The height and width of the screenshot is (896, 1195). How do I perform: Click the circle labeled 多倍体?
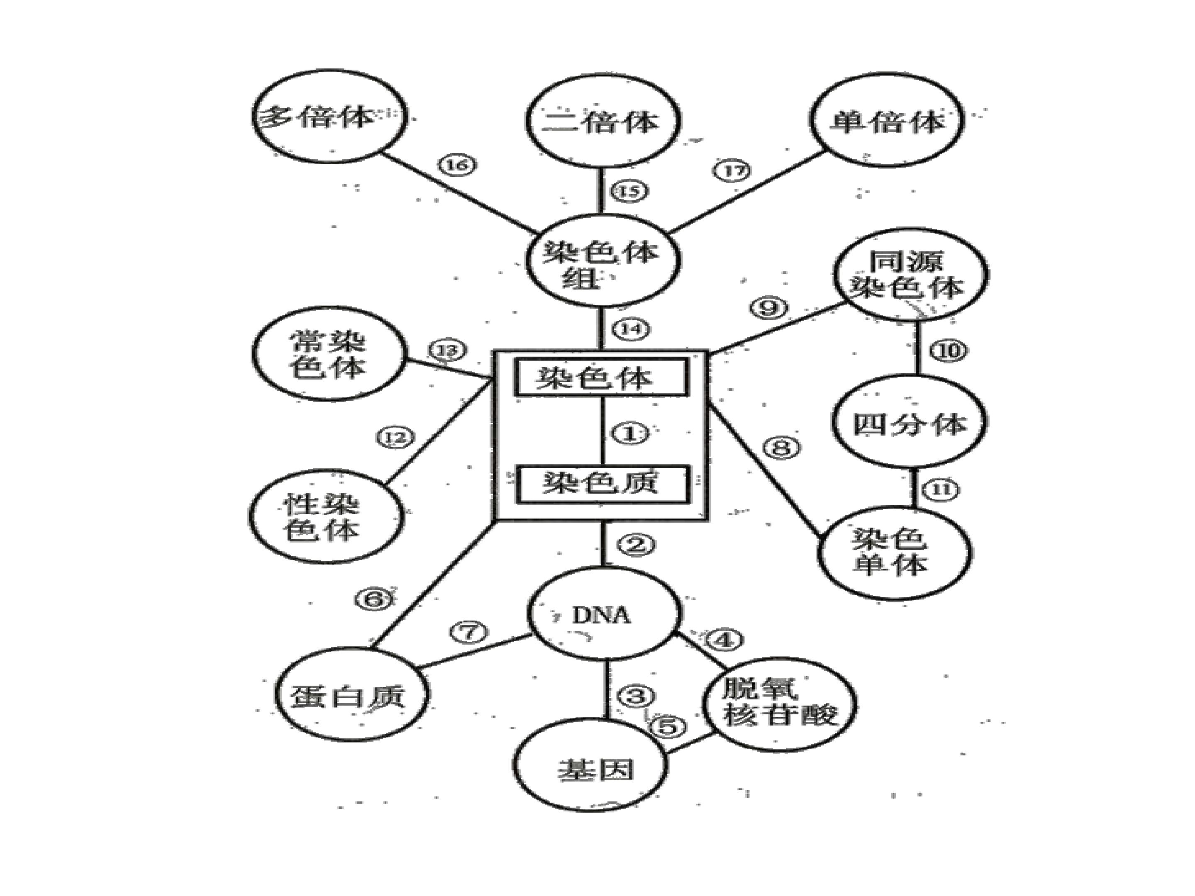(329, 116)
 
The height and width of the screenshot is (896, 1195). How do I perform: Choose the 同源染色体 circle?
(911, 275)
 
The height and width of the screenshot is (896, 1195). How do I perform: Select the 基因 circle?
(590, 769)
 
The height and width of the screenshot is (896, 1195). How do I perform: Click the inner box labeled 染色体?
(601, 377)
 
